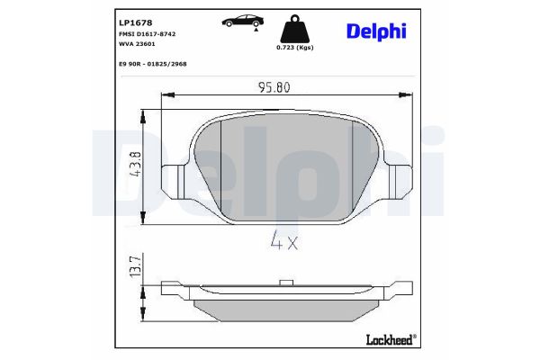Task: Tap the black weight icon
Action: [x=294, y=26]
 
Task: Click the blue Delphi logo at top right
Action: [x=376, y=31]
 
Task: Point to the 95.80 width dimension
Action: [x=276, y=89]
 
